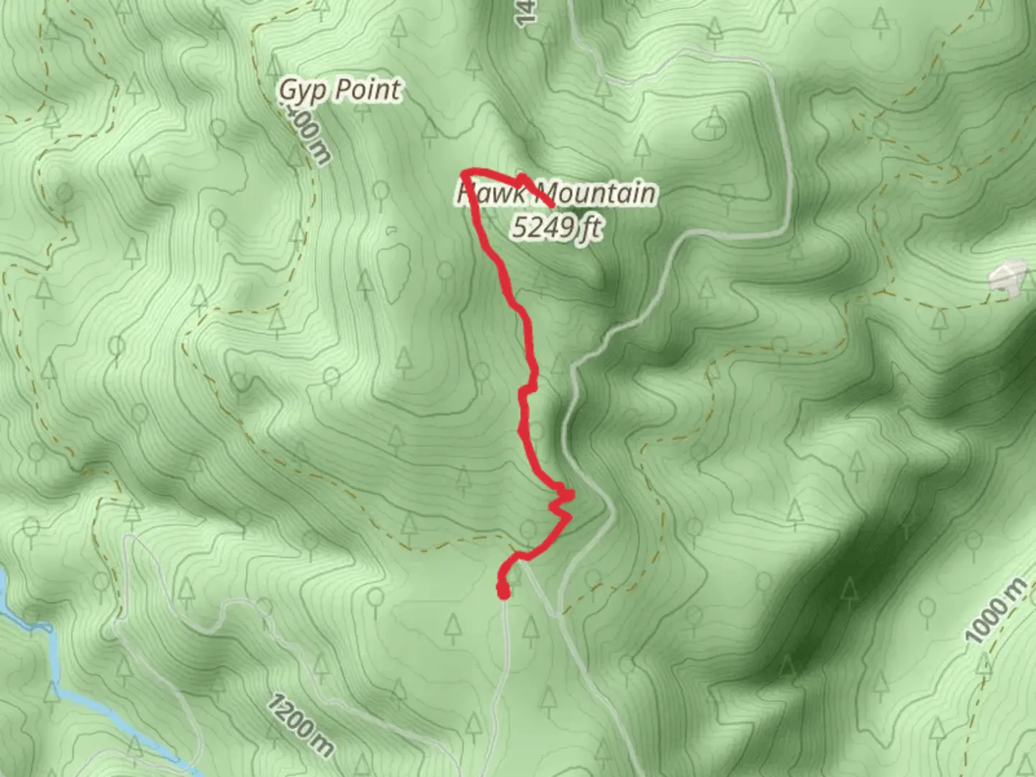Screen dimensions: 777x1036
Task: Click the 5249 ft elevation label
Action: point(555,227)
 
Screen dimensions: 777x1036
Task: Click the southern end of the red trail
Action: point(503,591)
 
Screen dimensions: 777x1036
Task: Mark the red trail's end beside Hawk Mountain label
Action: point(551,206)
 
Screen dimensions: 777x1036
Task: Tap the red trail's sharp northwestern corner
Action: point(465,172)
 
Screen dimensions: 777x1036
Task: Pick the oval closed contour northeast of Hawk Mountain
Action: point(709,128)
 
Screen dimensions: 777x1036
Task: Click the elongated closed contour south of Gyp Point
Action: point(392,271)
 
